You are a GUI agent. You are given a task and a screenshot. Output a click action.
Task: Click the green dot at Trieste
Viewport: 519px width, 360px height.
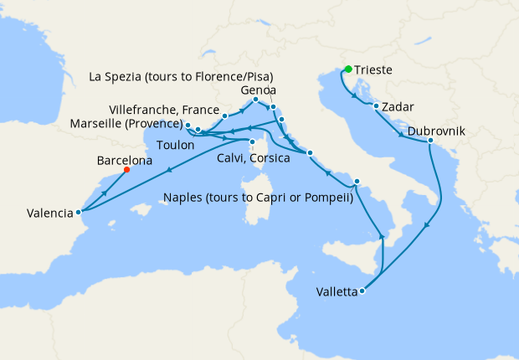point(347,69)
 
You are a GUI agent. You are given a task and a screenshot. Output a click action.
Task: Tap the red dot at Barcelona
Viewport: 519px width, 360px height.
point(126,169)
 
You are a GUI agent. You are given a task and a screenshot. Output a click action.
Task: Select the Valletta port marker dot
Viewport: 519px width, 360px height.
point(362,291)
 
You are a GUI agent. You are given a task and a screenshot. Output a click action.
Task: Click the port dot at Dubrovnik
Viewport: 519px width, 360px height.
point(430,141)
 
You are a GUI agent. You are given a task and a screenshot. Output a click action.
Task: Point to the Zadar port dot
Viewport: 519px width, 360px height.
point(376,105)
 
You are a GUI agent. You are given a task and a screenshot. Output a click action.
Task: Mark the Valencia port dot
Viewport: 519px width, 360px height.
point(78,212)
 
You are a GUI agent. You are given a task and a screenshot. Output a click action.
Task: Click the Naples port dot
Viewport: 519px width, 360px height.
point(357,181)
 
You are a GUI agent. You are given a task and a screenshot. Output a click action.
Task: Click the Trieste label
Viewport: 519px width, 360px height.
point(375,71)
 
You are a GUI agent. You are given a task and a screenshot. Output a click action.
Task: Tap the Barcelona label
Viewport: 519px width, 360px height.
point(125,159)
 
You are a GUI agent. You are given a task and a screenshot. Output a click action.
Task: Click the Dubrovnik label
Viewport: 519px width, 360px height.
point(438,130)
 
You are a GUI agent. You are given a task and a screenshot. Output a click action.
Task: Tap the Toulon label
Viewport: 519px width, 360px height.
point(174,145)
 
